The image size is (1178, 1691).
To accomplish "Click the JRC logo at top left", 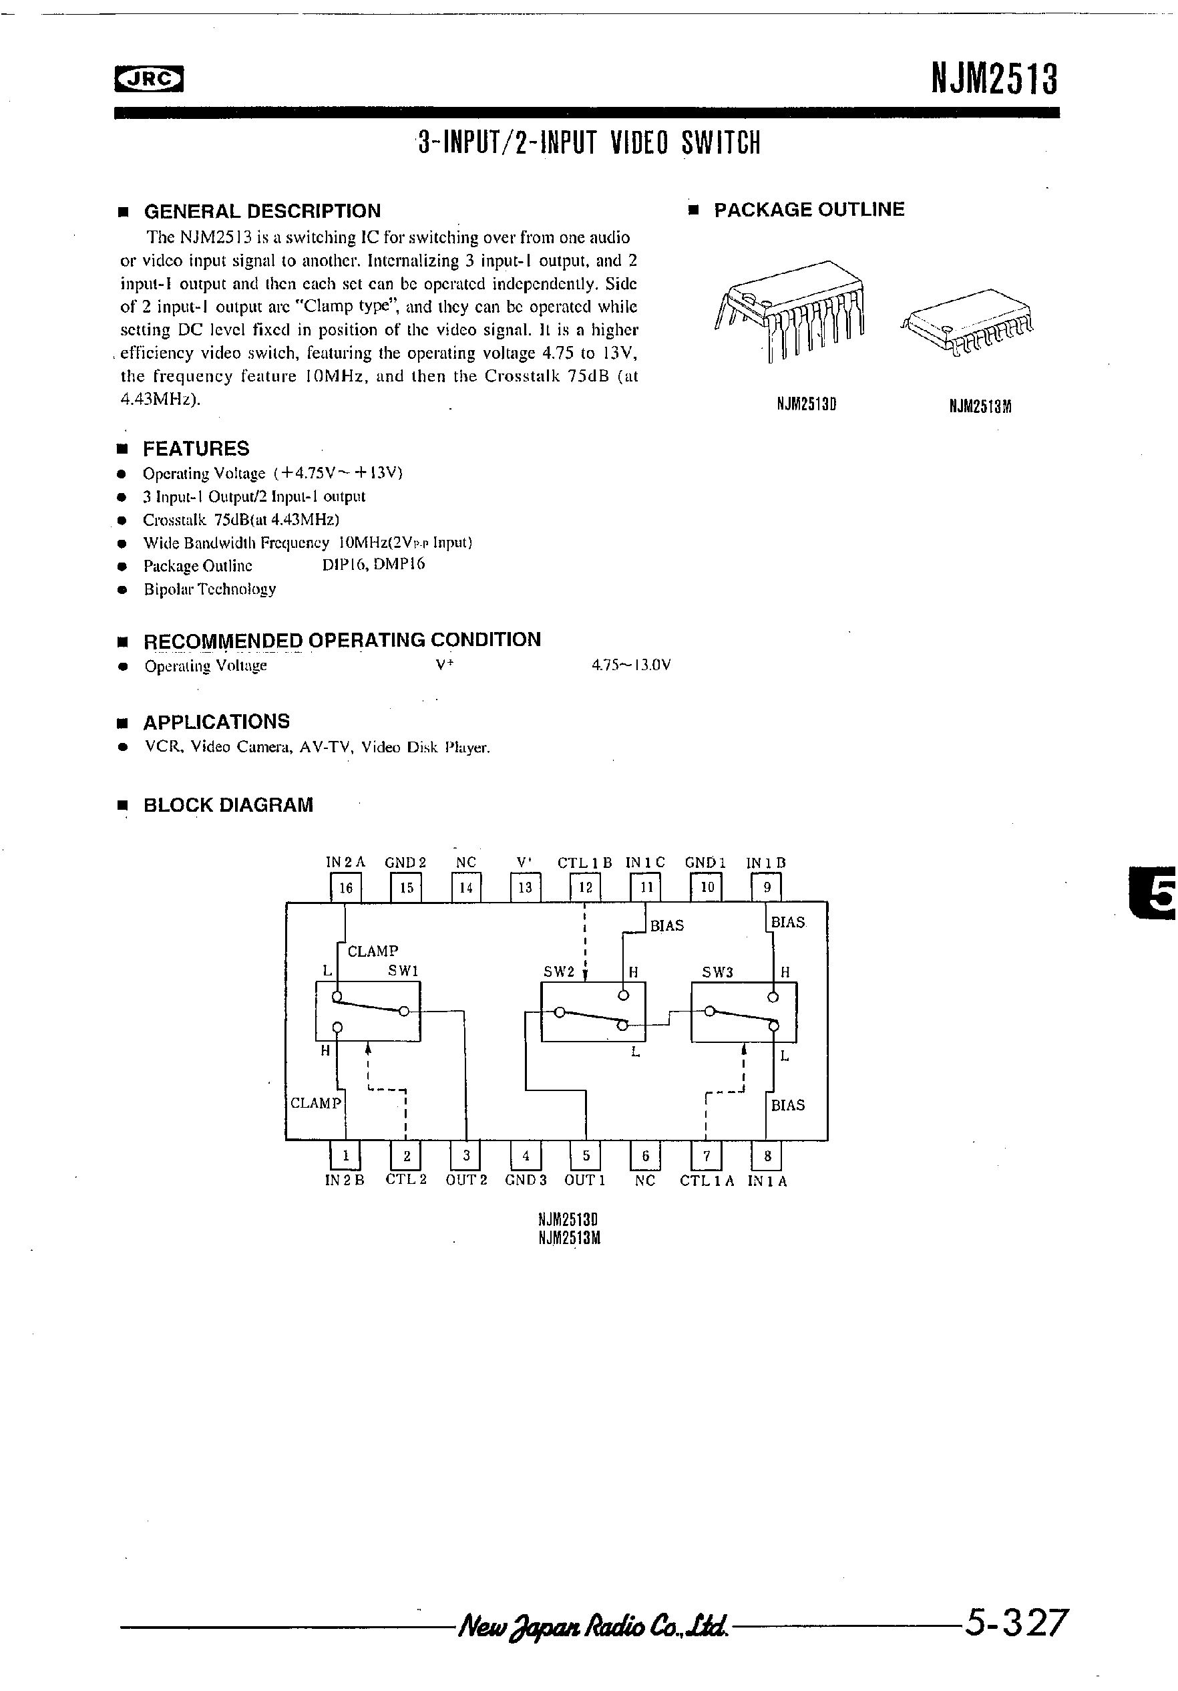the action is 149,79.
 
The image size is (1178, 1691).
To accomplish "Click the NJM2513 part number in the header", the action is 994,78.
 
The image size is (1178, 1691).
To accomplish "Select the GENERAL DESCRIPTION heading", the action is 261,211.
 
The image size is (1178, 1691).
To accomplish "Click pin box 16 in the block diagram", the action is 345,887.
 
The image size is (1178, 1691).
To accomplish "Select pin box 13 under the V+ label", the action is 525,887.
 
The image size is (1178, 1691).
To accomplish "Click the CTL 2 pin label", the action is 405,1181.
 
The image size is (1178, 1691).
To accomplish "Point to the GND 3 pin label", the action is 525,1181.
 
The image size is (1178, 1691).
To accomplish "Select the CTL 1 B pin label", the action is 584,863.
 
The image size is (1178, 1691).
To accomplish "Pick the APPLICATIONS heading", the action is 216,722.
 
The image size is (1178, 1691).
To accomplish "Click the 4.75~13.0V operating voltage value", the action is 631,666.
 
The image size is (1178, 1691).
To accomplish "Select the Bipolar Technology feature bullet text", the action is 210,589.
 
